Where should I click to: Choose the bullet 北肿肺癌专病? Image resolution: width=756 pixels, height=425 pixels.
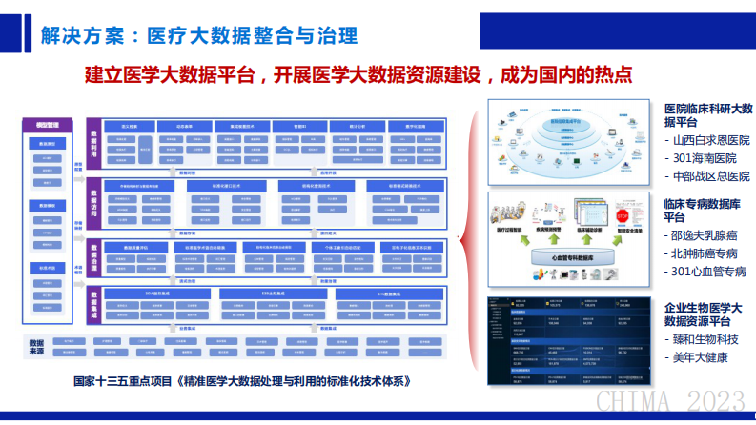[x=705, y=254]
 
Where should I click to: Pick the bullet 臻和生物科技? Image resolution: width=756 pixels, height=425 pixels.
[x=705, y=339]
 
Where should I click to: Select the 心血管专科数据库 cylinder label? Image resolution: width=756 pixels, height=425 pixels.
[x=562, y=256]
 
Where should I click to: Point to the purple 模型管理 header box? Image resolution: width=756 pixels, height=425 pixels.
[x=48, y=124]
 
